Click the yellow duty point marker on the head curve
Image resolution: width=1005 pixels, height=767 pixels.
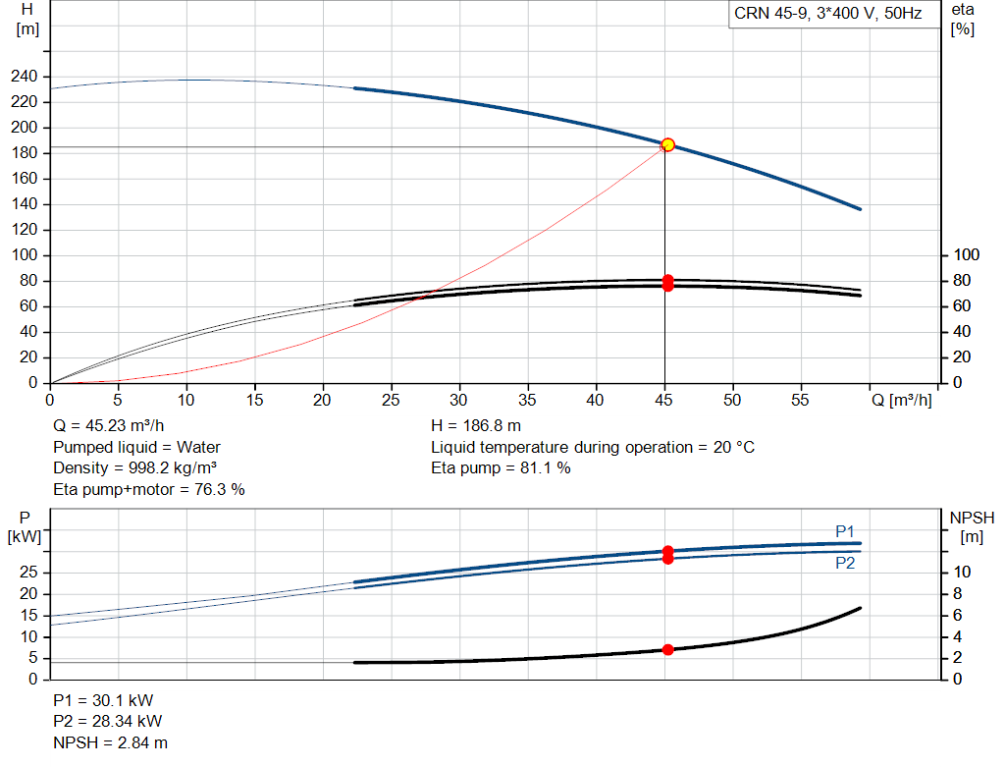[x=667, y=145]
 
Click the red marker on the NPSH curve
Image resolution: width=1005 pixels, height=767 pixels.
[x=667, y=649]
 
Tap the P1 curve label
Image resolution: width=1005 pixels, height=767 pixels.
[x=845, y=531]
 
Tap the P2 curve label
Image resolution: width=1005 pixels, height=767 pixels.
[x=845, y=563]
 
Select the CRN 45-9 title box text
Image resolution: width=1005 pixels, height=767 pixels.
[x=827, y=14]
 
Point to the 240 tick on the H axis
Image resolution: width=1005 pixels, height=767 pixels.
[x=25, y=77]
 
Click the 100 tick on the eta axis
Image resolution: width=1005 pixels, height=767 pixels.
[x=967, y=255]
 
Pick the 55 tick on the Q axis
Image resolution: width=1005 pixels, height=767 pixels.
[x=800, y=400]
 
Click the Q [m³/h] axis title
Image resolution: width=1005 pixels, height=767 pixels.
[x=902, y=400]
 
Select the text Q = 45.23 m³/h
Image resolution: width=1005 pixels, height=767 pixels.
[x=108, y=426]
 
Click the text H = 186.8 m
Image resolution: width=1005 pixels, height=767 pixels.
[x=476, y=426]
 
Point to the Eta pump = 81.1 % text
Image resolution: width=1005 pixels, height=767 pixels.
[x=501, y=468]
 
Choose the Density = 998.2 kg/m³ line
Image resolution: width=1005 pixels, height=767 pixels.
[x=134, y=468]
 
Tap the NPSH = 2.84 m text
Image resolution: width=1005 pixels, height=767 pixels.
[x=110, y=742]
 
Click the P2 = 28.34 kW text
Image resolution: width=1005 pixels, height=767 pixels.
[x=108, y=722]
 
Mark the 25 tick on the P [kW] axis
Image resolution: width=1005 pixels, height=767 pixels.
[x=28, y=572]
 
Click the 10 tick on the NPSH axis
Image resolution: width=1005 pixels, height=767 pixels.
[x=962, y=572]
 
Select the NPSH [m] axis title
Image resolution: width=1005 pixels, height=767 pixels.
[x=972, y=527]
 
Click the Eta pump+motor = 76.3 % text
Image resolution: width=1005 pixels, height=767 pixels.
[x=149, y=490]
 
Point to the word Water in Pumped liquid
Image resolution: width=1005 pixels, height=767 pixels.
[x=198, y=447]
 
